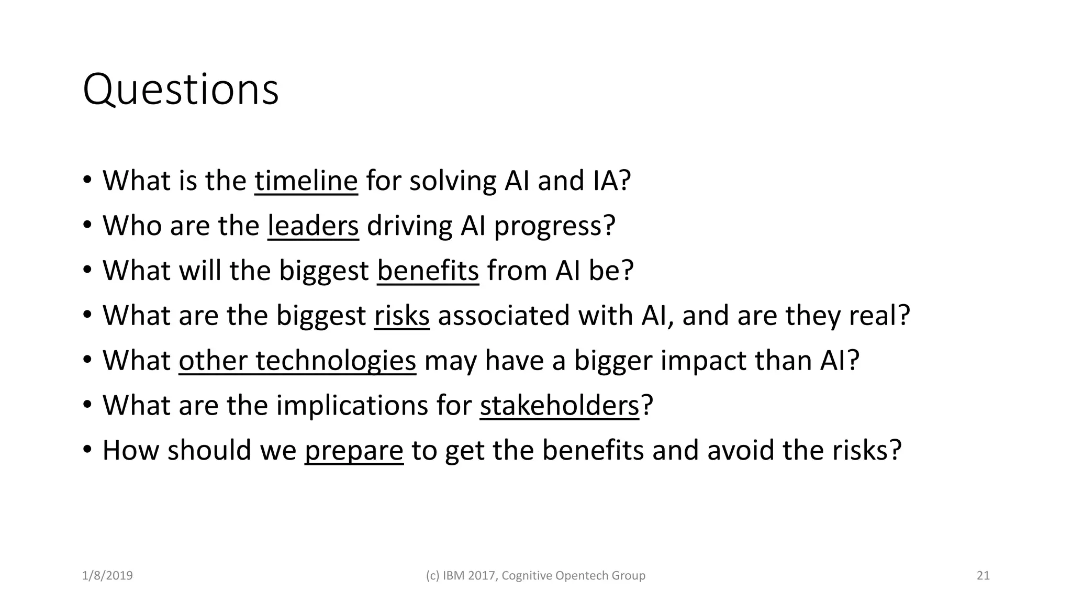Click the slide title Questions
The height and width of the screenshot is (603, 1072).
[x=181, y=90]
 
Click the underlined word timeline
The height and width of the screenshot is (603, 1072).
[x=306, y=181]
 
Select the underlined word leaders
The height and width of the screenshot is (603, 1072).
[x=313, y=226]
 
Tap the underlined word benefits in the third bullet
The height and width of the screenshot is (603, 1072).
[x=428, y=271]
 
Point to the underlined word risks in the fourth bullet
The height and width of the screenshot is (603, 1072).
[x=402, y=316]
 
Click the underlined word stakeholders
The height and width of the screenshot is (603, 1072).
[x=559, y=406]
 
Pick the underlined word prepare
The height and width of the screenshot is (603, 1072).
[x=354, y=451]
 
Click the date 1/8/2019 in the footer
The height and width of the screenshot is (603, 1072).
[x=107, y=576]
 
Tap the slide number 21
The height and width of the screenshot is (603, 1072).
[x=983, y=576]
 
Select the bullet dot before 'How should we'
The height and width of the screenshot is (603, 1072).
[x=87, y=450]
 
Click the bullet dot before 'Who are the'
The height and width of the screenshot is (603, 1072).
[x=87, y=225]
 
